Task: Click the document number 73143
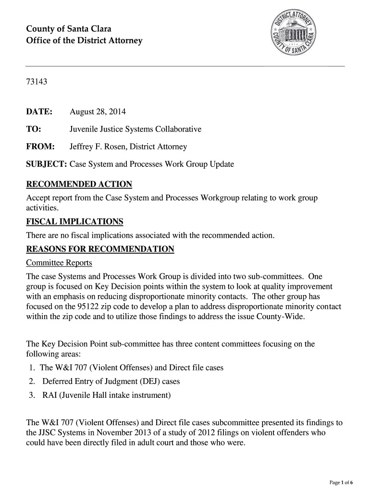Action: pyautogui.click(x=37, y=82)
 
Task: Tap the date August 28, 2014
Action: pyautogui.click(x=98, y=112)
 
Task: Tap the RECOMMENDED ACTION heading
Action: pyautogui.click(x=79, y=184)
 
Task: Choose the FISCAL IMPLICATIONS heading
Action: pyautogui.click(x=74, y=221)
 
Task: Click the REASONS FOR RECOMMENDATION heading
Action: pyautogui.click(x=100, y=249)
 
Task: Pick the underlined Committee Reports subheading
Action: pyautogui.click(x=59, y=263)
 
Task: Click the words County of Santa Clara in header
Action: pyautogui.click(x=69, y=29)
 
